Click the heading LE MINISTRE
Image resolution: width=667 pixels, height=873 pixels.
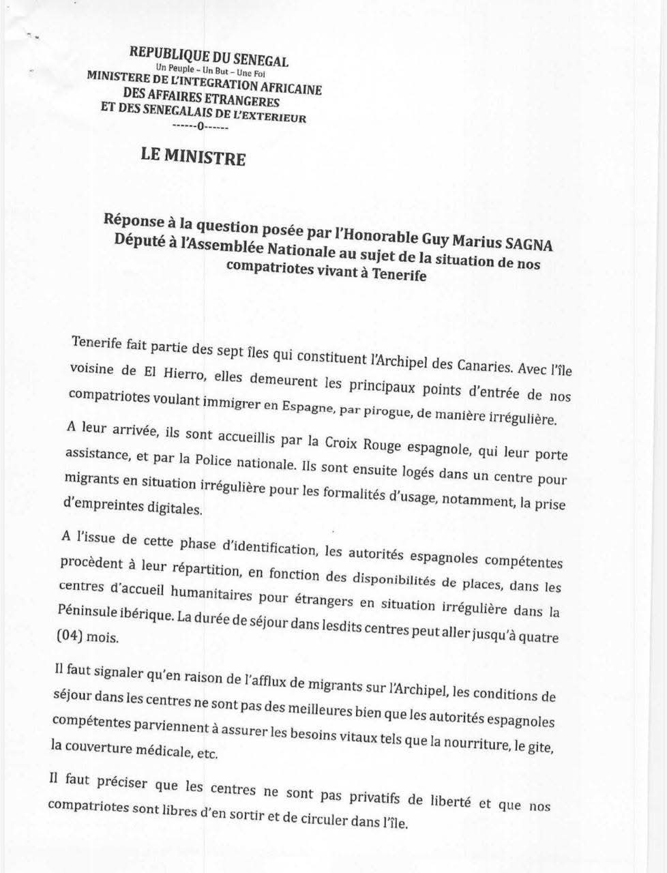(x=193, y=156)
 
